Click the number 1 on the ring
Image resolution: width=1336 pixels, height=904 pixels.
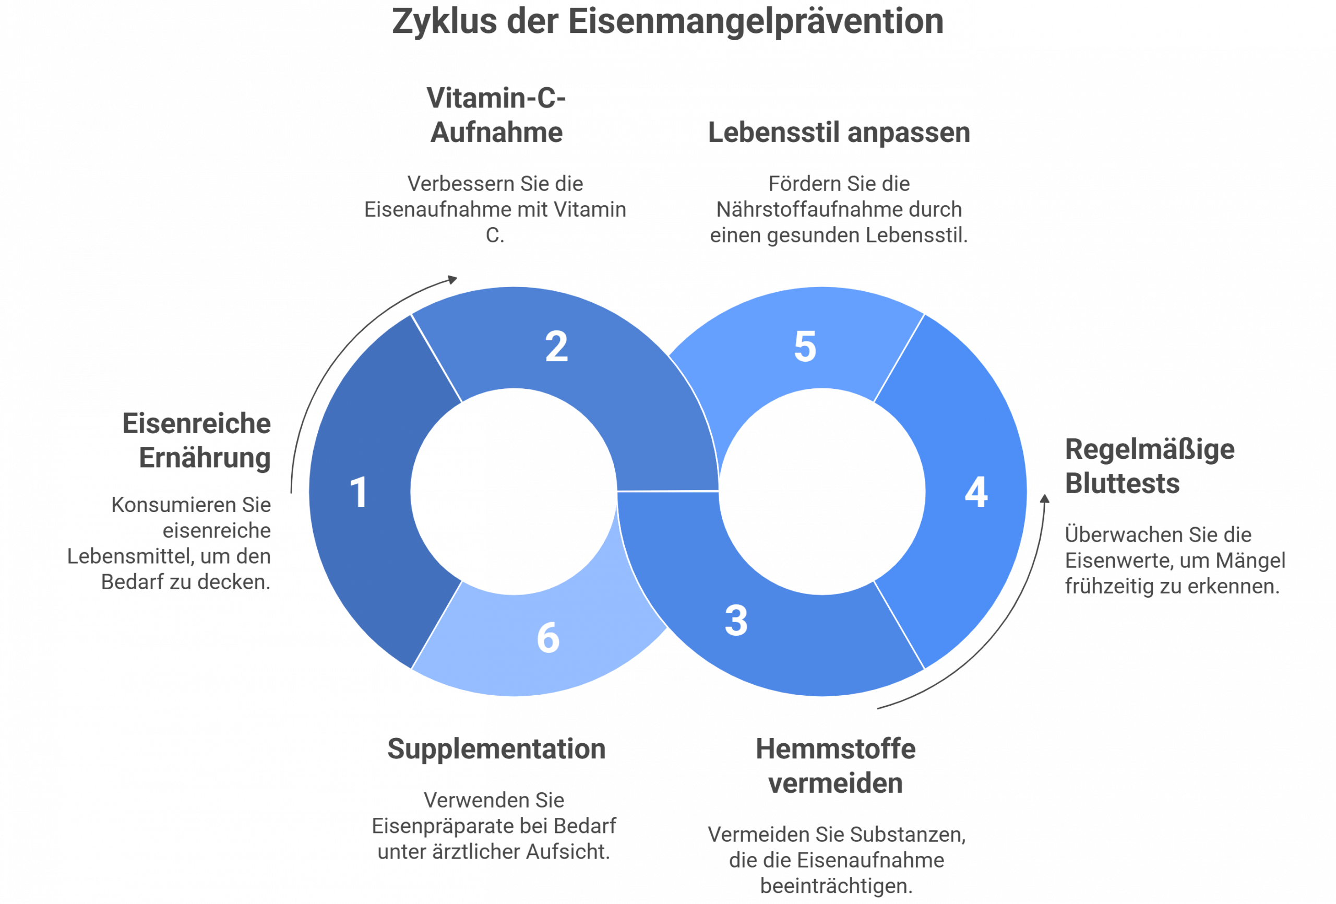pos(359,493)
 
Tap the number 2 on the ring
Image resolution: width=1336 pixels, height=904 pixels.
pos(556,347)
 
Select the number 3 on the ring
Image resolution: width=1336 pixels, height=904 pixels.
pos(736,621)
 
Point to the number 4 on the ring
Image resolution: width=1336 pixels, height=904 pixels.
pos(976,493)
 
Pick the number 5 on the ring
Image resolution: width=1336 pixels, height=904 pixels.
pos(805,347)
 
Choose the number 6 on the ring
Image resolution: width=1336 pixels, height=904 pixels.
pos(548,638)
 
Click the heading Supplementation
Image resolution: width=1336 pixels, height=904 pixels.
pos(496,750)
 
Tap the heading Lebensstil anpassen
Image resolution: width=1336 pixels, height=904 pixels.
pos(839,133)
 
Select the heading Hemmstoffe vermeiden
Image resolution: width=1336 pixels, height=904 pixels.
pos(836,767)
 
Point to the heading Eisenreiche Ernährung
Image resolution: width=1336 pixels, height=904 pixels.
pos(197,441)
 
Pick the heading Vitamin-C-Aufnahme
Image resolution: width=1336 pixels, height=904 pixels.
pos(496,115)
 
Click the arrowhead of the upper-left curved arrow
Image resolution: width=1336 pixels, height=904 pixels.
pos(454,279)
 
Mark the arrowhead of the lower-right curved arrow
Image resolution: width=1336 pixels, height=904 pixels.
pos(1045,498)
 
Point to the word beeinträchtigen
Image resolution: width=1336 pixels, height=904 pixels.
pos(836,886)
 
